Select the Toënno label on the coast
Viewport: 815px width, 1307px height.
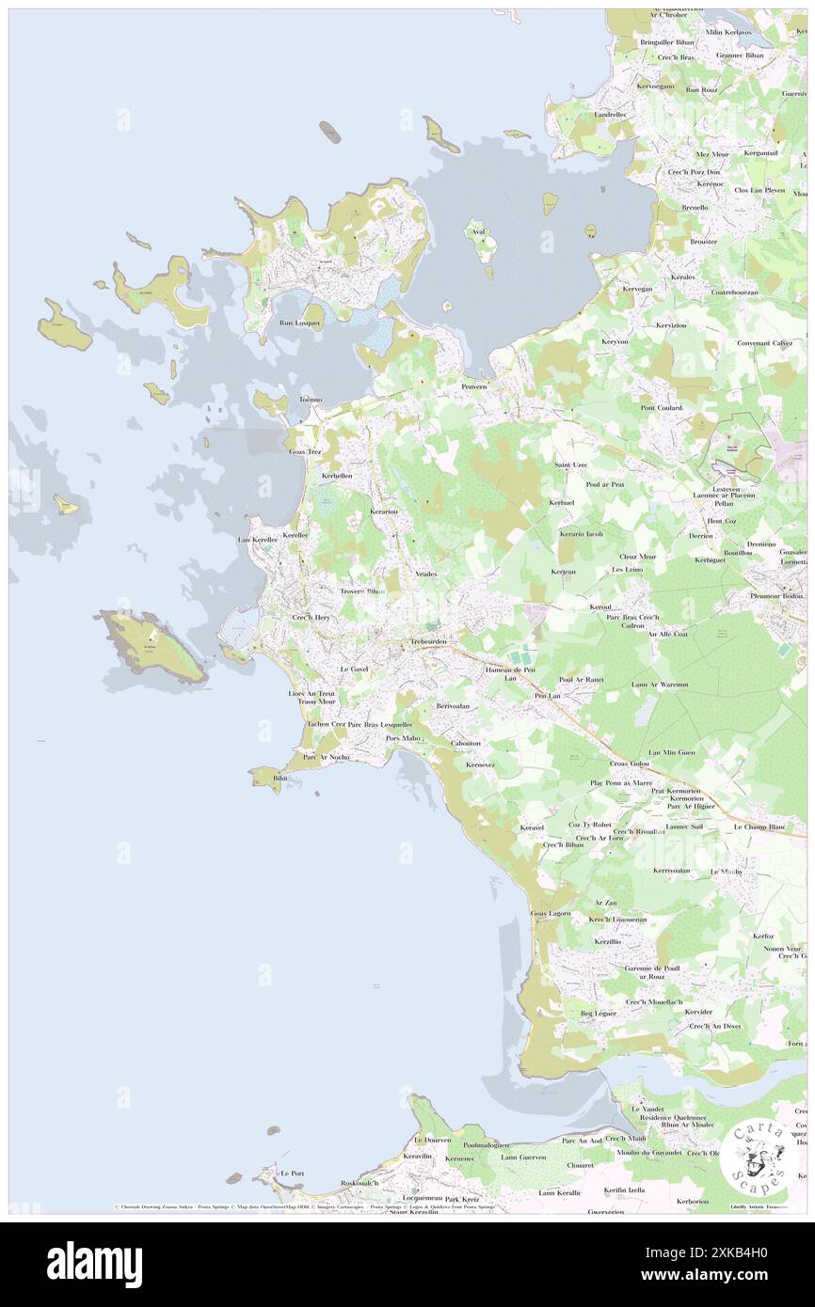pyautogui.click(x=310, y=400)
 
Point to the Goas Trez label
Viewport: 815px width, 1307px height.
pyautogui.click(x=305, y=451)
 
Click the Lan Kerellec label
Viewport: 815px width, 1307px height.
pyautogui.click(x=258, y=540)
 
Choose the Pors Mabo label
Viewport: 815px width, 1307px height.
pyautogui.click(x=404, y=738)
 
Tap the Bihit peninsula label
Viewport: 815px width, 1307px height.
pyautogui.click(x=279, y=779)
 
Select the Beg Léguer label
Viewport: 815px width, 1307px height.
pyautogui.click(x=598, y=1013)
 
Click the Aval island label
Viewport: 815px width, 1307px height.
pyautogui.click(x=478, y=231)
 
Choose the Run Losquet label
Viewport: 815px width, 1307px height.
pyautogui.click(x=300, y=323)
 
